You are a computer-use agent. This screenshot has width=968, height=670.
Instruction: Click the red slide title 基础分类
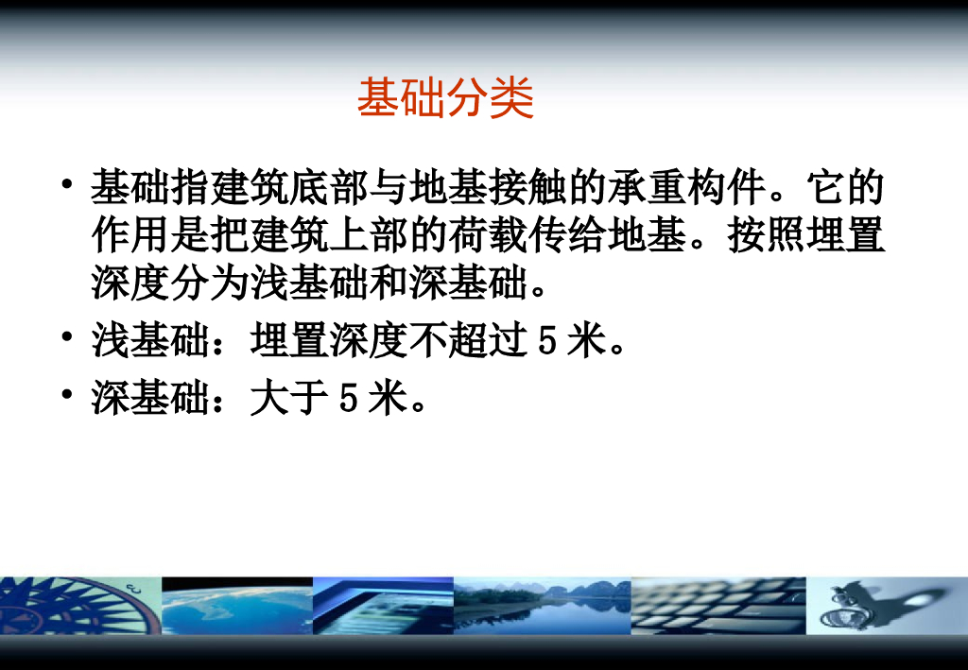(x=445, y=98)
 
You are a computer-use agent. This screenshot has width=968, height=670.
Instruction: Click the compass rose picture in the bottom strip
(x=79, y=605)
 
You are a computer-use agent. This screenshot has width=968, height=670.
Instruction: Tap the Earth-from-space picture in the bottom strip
(x=236, y=605)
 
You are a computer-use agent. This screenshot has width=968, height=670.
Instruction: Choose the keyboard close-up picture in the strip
(x=717, y=605)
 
